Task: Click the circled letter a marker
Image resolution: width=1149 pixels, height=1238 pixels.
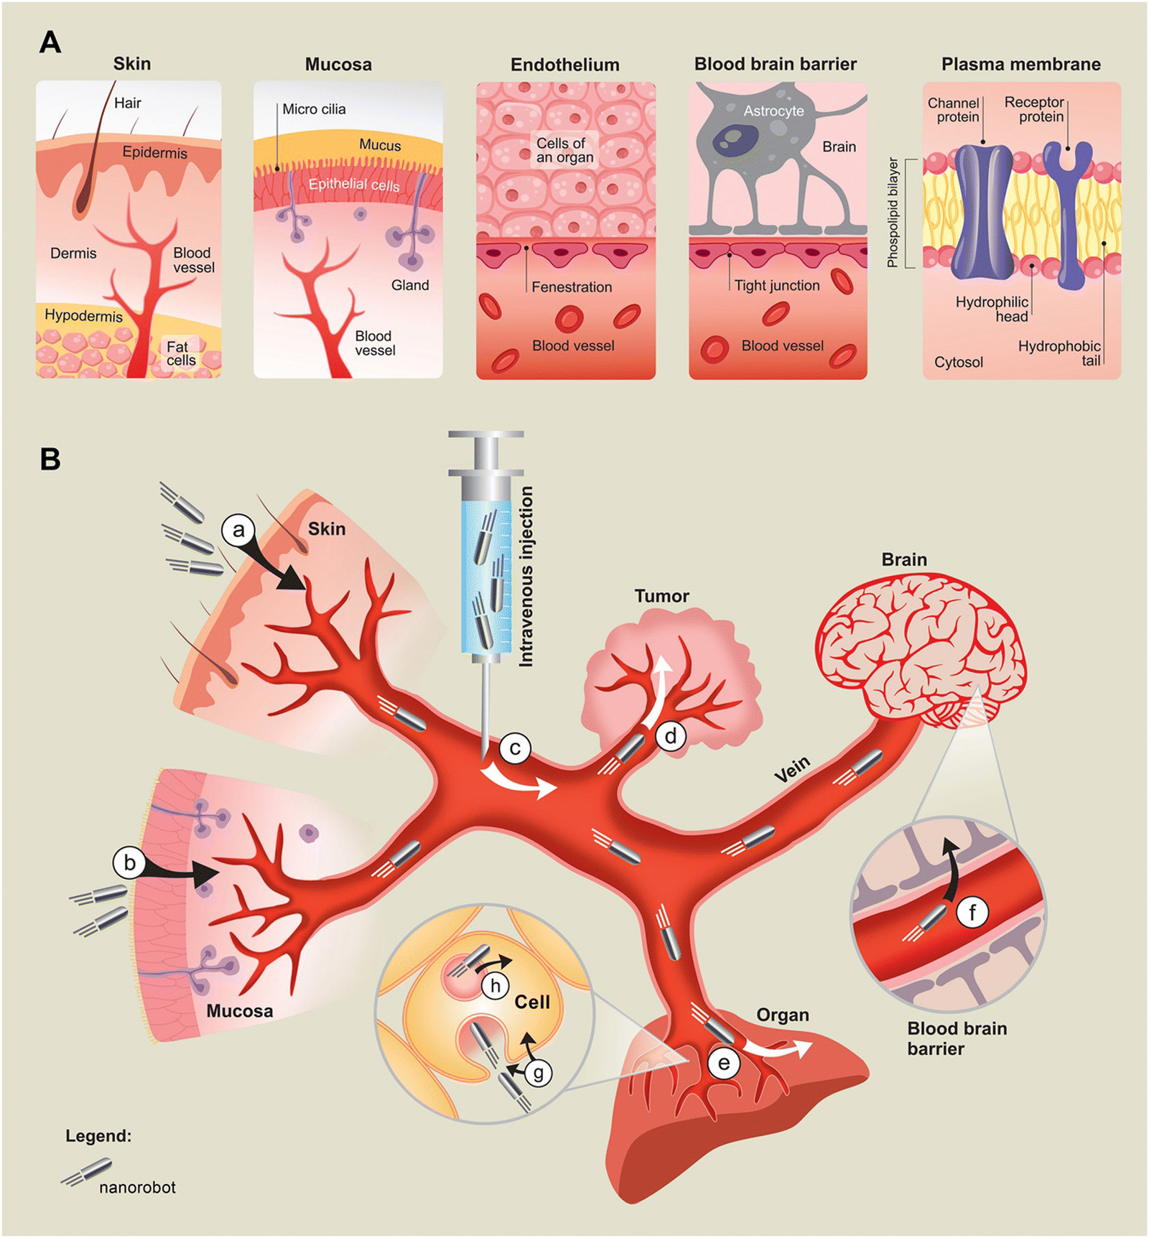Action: click(238, 531)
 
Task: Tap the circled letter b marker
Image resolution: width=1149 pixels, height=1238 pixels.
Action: click(129, 862)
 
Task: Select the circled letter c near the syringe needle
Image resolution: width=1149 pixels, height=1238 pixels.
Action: click(515, 748)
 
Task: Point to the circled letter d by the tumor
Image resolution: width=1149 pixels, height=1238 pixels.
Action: click(671, 736)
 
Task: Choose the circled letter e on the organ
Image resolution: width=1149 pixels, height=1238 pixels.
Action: click(723, 1063)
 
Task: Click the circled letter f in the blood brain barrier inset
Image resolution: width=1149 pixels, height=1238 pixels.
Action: click(972, 913)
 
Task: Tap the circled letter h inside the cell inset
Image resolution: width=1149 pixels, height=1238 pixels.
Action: click(495, 986)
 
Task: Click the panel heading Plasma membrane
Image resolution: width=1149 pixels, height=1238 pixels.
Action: click(1020, 65)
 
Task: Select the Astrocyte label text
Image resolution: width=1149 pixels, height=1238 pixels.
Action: click(773, 111)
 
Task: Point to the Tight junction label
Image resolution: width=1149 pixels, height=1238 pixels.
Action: click(776, 286)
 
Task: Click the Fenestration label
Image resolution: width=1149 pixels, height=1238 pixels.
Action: click(572, 287)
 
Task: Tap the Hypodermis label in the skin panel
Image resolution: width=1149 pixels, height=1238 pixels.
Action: click(83, 315)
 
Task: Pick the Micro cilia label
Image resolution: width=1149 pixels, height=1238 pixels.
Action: click(314, 109)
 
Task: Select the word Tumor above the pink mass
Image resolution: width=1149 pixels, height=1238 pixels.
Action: click(661, 596)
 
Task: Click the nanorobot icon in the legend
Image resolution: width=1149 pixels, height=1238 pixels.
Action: click(88, 1170)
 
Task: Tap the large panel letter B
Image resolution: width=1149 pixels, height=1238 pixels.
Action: click(50, 459)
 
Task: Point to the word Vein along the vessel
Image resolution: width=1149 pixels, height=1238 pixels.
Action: click(792, 770)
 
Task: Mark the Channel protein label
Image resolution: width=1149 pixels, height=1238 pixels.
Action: click(954, 110)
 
